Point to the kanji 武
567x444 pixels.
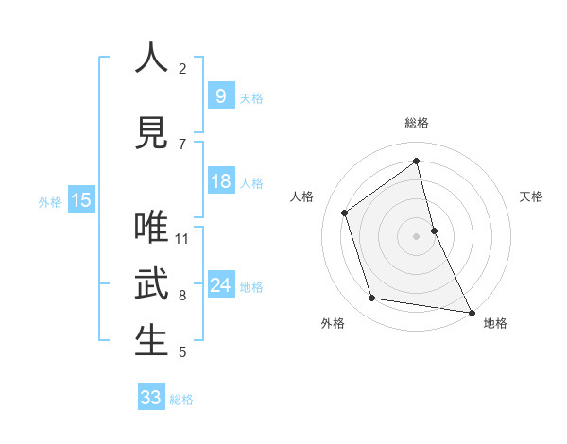coord(152,285)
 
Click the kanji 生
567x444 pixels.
coord(152,341)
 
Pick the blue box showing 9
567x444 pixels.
coord(220,95)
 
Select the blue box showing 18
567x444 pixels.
coord(220,181)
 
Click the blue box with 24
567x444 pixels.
coord(220,285)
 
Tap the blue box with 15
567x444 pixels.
coord(81,199)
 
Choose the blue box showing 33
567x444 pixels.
coord(151,398)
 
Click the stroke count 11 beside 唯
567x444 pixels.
coord(182,238)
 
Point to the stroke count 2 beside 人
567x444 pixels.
coord(182,68)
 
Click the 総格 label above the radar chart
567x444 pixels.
coord(417,123)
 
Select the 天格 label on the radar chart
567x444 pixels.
coord(531,196)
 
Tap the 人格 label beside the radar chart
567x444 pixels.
coord(302,196)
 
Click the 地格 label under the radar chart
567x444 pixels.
coord(495,323)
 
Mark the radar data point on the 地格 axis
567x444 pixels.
coord(471,312)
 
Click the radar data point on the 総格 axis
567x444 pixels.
coord(417,162)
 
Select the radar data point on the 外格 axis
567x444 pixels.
coord(372,299)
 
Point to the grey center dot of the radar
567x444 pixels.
coord(417,236)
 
